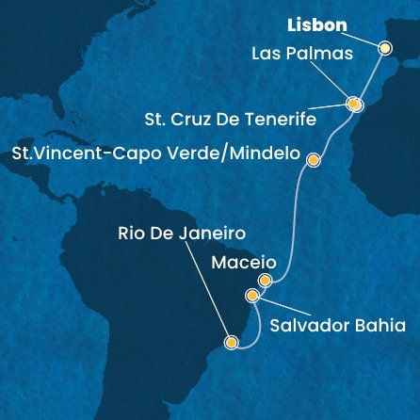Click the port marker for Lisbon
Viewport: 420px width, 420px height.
[x=384, y=47]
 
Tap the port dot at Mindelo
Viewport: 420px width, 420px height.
[x=314, y=160]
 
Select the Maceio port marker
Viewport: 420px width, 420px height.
[x=266, y=280]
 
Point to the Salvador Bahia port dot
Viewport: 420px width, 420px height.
[x=252, y=296]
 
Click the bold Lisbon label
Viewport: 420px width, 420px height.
[x=315, y=24]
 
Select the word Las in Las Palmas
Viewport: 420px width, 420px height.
[x=267, y=54]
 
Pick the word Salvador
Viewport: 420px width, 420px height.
[x=307, y=326]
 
